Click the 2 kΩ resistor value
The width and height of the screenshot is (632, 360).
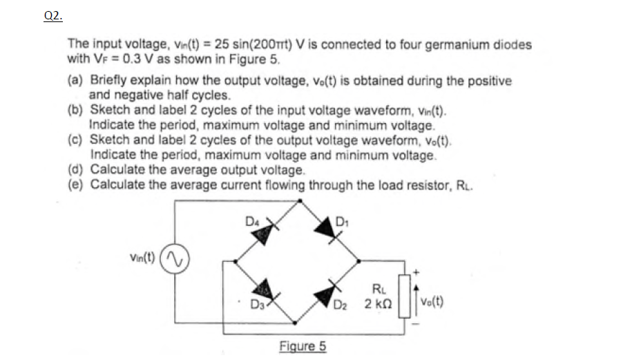point(377,304)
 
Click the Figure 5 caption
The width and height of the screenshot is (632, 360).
point(303,346)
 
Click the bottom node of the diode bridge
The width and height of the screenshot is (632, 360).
point(297,323)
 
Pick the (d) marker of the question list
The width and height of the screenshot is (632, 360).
point(76,170)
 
